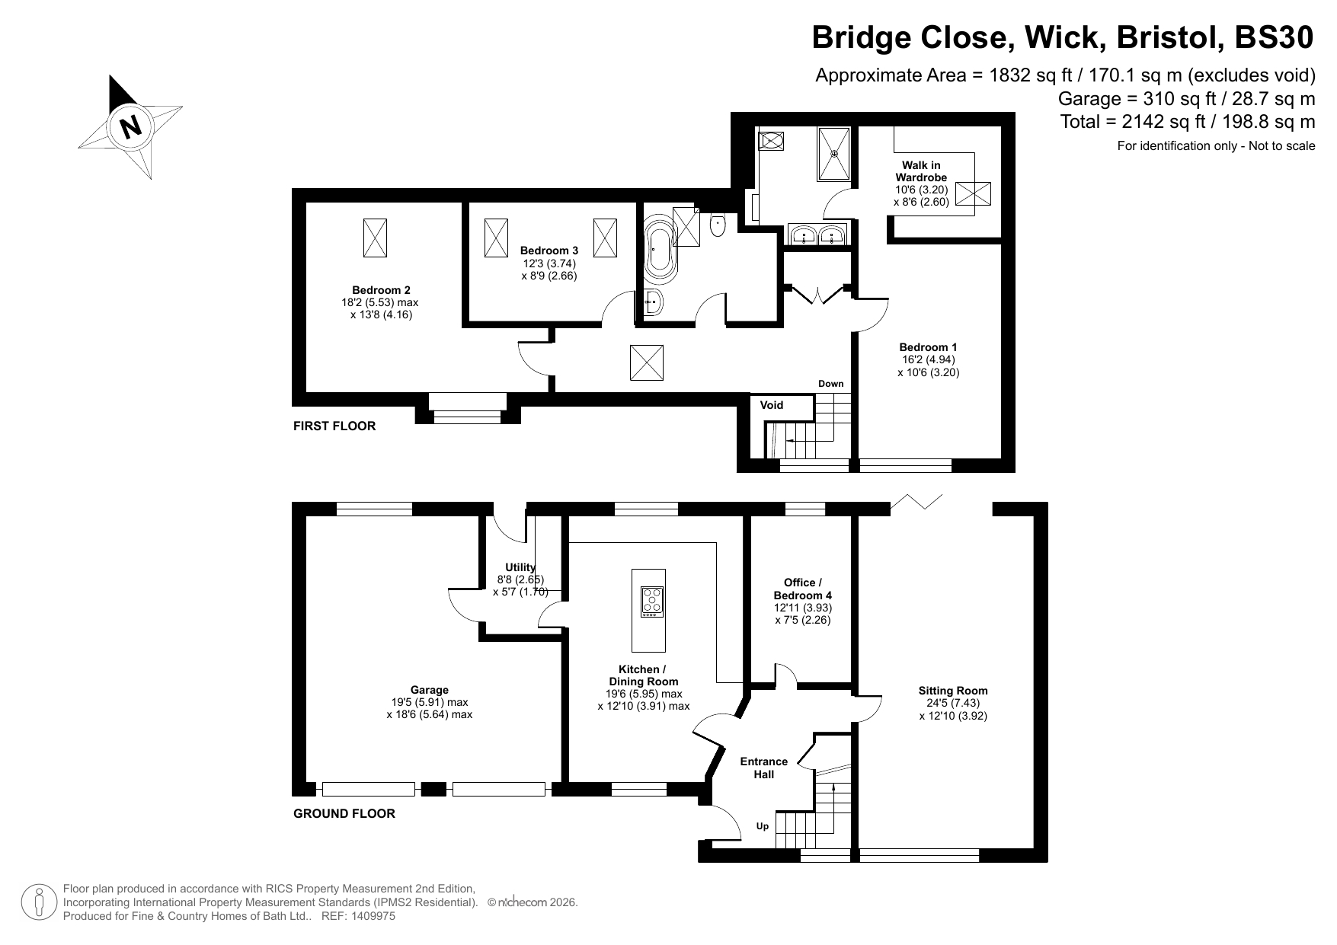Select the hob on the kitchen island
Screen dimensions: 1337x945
[x=652, y=602]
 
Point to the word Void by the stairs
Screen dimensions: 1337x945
[x=772, y=405]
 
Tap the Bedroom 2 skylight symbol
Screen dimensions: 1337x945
[x=375, y=238]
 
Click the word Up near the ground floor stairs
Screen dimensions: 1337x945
[x=763, y=826]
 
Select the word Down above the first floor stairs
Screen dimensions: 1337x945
[x=831, y=384]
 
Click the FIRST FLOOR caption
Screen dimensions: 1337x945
[x=334, y=426]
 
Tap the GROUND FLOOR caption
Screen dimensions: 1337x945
[x=344, y=813]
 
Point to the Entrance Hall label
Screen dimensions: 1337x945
[x=764, y=768]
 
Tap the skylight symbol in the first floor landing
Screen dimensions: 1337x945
[x=647, y=362]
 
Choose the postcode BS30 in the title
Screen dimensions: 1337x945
[x=1275, y=37]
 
